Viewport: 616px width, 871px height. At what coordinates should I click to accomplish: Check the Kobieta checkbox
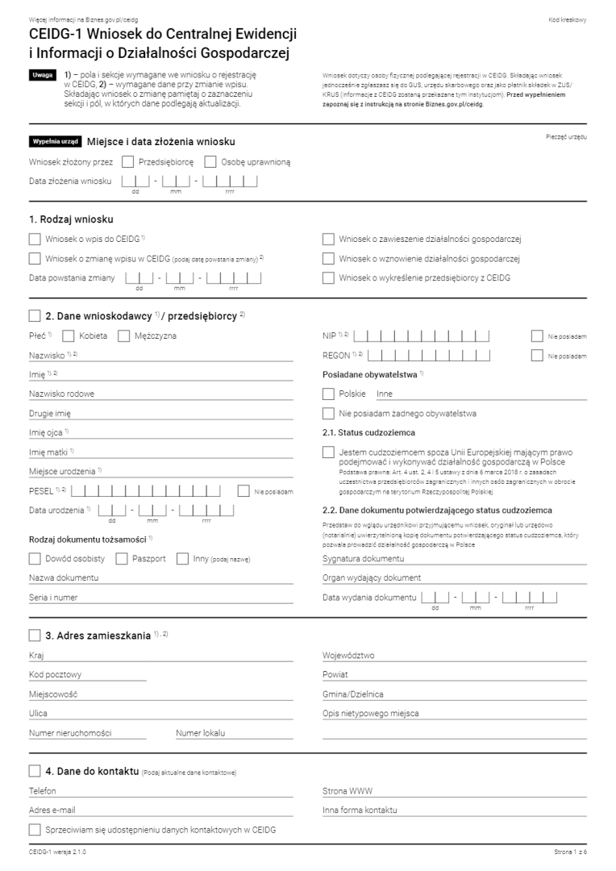68,335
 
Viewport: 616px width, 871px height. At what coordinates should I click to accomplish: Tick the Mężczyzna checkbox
123,335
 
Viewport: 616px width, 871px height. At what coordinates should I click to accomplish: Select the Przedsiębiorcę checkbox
128,161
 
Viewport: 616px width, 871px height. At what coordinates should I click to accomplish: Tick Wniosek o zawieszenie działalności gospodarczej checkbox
327,239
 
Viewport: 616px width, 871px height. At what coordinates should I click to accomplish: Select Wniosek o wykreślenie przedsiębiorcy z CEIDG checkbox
327,278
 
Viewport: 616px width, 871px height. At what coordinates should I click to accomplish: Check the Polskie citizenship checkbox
327,394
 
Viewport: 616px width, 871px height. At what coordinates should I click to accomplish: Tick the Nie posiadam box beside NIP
537,335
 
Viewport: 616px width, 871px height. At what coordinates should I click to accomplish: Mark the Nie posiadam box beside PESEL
243,490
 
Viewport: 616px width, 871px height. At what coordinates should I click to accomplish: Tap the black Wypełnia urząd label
55,141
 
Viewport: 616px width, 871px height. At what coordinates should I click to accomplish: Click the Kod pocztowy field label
54,675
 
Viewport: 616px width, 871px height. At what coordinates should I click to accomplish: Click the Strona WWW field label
345,791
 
